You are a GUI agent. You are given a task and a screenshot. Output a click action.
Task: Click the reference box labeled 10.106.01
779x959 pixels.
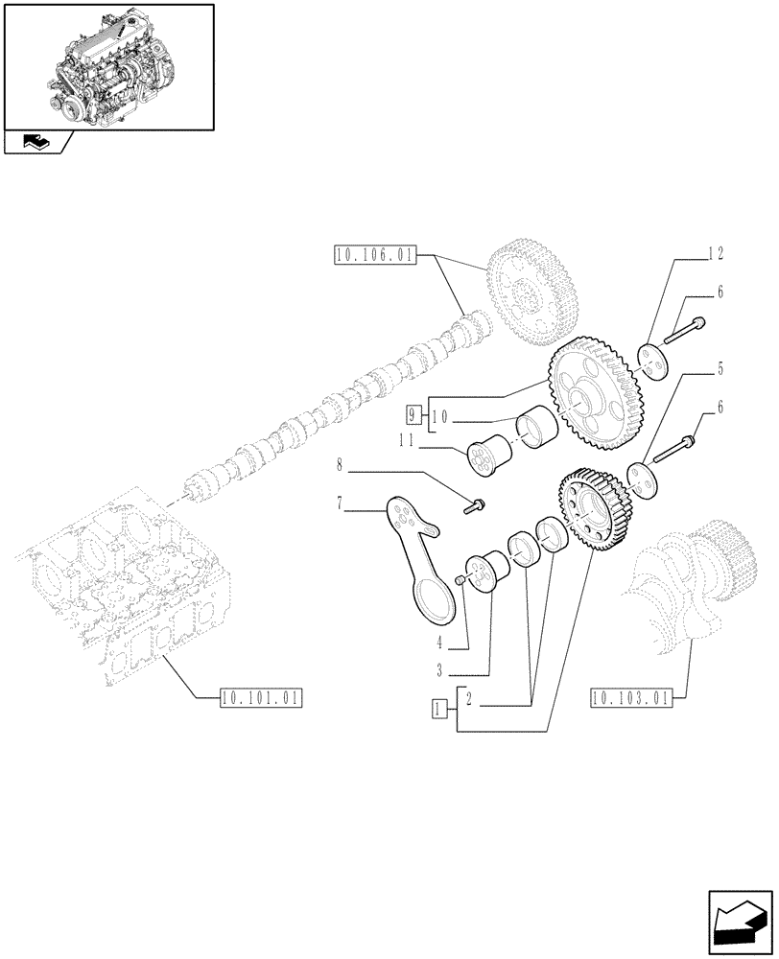click(x=375, y=255)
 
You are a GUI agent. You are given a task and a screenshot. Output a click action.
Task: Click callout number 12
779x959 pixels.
click(x=716, y=254)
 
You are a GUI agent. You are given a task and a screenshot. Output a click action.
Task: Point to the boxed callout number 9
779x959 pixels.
click(x=413, y=416)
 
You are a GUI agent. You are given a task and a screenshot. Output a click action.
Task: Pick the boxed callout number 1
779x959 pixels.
click(x=439, y=710)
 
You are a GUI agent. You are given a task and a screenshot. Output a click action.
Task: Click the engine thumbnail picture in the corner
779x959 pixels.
click(x=108, y=66)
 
